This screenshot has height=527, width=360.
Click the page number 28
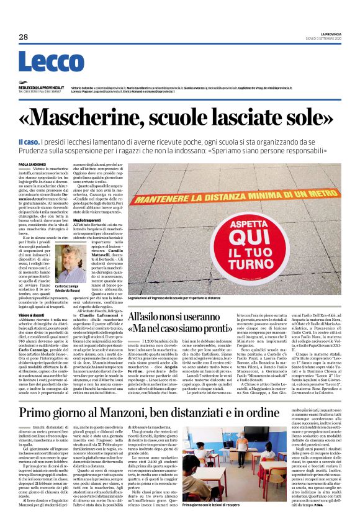[24, 37]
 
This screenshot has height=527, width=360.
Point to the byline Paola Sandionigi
[32, 164]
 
